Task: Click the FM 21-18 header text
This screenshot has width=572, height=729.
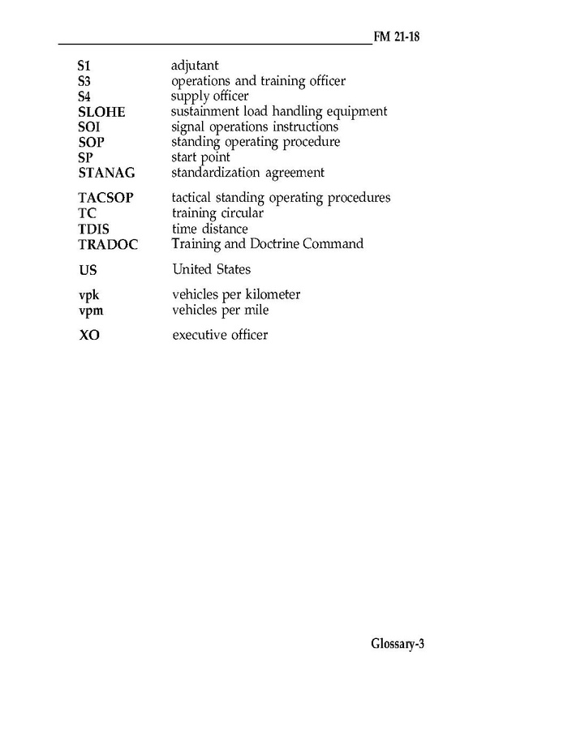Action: (x=401, y=37)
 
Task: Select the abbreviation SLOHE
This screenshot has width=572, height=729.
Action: (x=101, y=112)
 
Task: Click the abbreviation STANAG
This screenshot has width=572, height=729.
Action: (x=106, y=173)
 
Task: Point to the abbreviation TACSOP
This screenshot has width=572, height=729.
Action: (x=105, y=198)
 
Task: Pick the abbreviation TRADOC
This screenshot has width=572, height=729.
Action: (x=108, y=244)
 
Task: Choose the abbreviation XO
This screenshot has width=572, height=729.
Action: (x=89, y=335)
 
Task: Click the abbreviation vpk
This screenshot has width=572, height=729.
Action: (x=88, y=295)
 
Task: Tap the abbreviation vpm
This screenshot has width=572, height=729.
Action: (x=90, y=311)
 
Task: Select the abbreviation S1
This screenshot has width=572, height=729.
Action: (x=84, y=66)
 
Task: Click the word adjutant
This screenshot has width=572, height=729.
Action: (x=195, y=66)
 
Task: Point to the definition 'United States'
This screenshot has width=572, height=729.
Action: (x=212, y=269)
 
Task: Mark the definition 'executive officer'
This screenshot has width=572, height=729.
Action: (x=220, y=335)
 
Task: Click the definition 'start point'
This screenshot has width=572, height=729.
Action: (x=200, y=157)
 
